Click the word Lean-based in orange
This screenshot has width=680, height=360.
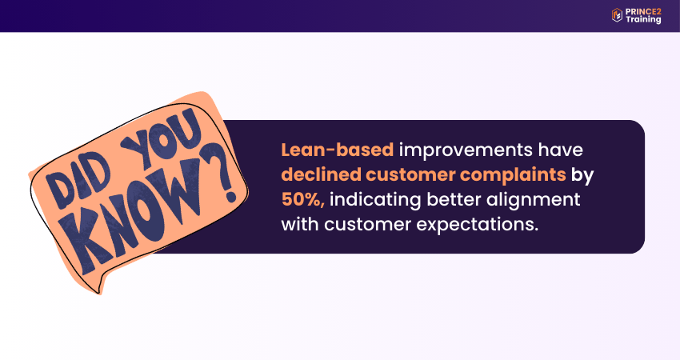click(337, 150)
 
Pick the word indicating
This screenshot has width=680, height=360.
click(370, 198)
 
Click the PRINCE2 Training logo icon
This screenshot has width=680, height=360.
click(617, 14)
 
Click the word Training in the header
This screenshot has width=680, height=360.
click(644, 20)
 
